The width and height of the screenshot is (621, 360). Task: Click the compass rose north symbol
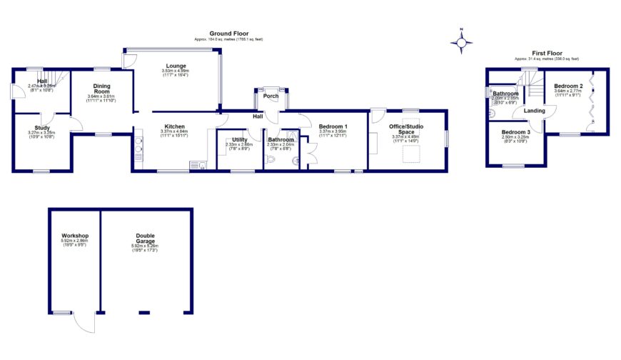pyautogui.click(x=463, y=43)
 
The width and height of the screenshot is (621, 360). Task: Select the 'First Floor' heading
pyautogui.click(x=546, y=53)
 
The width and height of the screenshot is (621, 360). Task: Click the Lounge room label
pyautogui.click(x=176, y=65)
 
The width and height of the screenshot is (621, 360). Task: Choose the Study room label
pyautogui.click(x=41, y=128)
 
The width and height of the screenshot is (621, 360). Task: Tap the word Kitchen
pyautogui.click(x=175, y=126)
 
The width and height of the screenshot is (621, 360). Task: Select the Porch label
pyautogui.click(x=271, y=96)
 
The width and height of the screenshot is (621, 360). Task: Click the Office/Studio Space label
pyautogui.click(x=407, y=129)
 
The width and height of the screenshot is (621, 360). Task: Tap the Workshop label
pyautogui.click(x=74, y=236)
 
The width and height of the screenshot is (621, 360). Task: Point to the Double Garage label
pyautogui.click(x=145, y=239)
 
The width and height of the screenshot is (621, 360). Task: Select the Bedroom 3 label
pyautogui.click(x=515, y=132)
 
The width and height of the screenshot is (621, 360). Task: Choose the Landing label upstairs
pyautogui.click(x=535, y=111)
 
